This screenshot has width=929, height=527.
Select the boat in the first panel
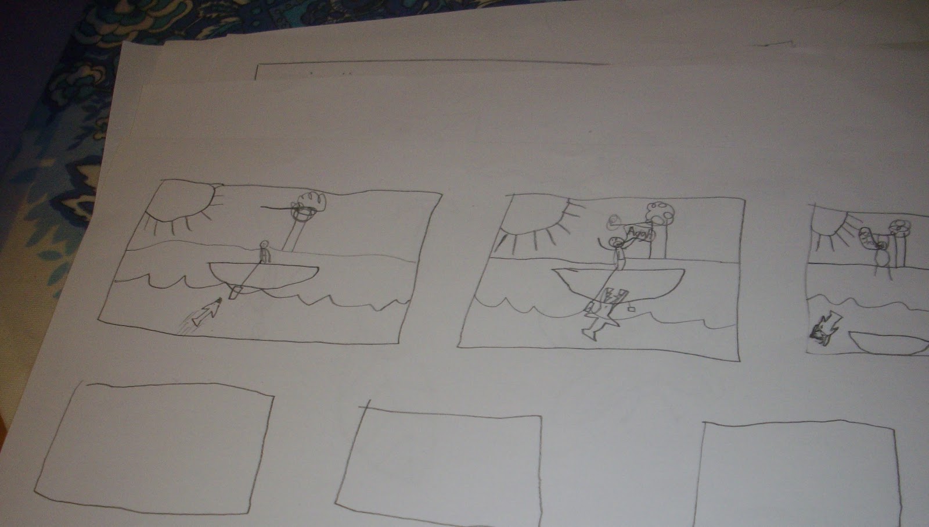click(264, 275)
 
